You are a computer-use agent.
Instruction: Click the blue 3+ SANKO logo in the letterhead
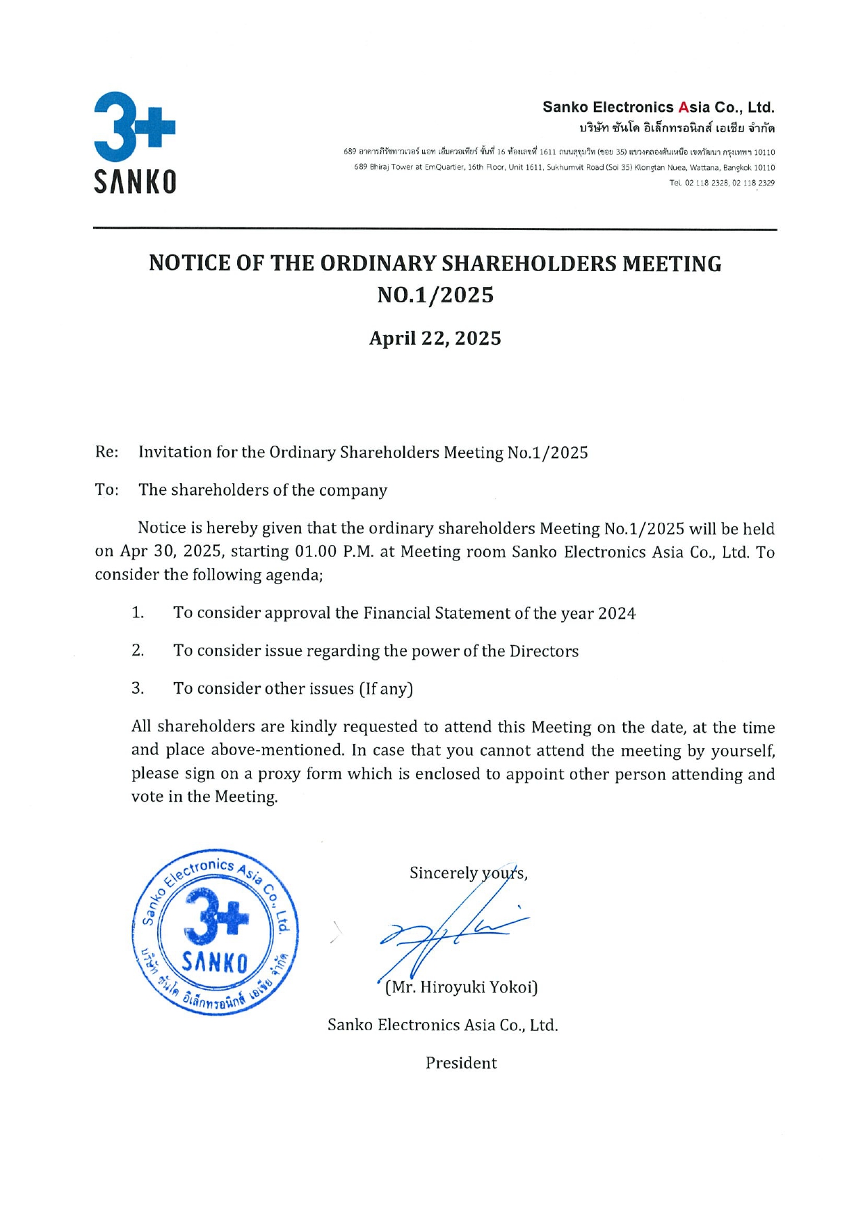coord(135,142)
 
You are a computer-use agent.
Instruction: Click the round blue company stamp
coord(215,932)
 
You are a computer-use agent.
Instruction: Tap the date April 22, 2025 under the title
coord(435,339)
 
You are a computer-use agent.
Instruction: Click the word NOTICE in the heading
coord(189,263)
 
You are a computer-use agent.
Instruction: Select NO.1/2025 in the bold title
coord(435,295)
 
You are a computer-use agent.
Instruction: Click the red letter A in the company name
coord(683,108)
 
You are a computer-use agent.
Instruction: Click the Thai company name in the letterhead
coord(677,129)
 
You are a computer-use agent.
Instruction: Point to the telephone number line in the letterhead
coord(722,183)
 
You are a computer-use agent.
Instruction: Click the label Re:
coord(106,452)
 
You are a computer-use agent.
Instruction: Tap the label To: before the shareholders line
coord(106,489)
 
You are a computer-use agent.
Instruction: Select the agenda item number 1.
coord(138,612)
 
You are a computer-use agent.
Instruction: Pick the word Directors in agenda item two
coord(544,651)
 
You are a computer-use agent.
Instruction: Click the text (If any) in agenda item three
coord(386,689)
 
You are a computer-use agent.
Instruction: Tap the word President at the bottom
coord(461,1063)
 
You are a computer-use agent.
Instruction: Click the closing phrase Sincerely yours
coord(467,873)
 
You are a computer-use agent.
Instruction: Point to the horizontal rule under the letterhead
coord(435,229)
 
